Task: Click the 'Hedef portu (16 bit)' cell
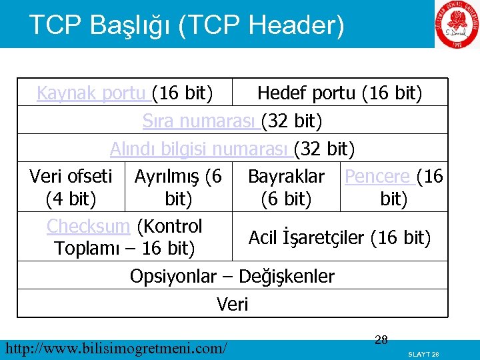(339, 93)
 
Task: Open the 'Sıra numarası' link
(201, 121)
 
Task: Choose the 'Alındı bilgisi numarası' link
(200, 148)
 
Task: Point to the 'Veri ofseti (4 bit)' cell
(71, 187)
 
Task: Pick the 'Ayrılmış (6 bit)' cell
(178, 187)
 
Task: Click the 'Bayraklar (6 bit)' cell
(286, 187)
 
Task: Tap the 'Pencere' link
(377, 177)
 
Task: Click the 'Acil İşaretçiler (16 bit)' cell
(339, 237)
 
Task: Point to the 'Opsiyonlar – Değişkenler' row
(232, 276)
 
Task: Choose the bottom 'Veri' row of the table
(232, 305)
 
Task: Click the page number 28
(381, 341)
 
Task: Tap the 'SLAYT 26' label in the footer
(424, 353)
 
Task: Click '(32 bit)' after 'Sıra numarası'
(292, 121)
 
